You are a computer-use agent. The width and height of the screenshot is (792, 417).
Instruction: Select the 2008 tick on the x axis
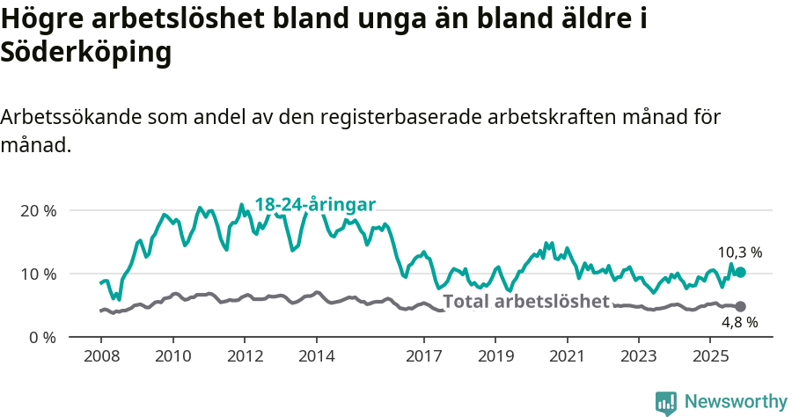click(x=100, y=356)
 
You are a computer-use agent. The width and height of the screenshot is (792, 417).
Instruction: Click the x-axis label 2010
click(x=172, y=356)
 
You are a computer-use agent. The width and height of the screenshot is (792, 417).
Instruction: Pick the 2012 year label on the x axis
click(x=245, y=356)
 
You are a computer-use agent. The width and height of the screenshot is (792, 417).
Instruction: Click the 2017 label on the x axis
click(x=424, y=356)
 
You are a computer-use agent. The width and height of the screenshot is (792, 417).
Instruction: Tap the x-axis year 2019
click(x=495, y=356)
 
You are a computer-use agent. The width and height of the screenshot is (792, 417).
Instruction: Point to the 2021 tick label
click(x=568, y=356)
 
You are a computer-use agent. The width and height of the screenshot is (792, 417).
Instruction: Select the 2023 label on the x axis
click(x=639, y=356)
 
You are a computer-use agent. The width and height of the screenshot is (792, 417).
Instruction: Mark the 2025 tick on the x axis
click(x=710, y=356)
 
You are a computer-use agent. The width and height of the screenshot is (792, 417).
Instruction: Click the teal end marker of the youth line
click(x=740, y=273)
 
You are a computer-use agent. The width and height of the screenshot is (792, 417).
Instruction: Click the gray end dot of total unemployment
click(x=740, y=306)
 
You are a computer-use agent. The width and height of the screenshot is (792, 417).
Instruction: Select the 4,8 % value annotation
click(x=740, y=323)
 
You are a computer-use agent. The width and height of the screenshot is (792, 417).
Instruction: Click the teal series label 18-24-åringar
click(x=315, y=204)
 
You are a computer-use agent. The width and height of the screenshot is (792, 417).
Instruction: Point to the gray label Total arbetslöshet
click(x=525, y=302)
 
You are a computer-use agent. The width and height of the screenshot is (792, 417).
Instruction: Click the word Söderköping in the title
click(x=85, y=53)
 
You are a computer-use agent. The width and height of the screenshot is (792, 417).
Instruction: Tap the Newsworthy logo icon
click(x=666, y=402)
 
